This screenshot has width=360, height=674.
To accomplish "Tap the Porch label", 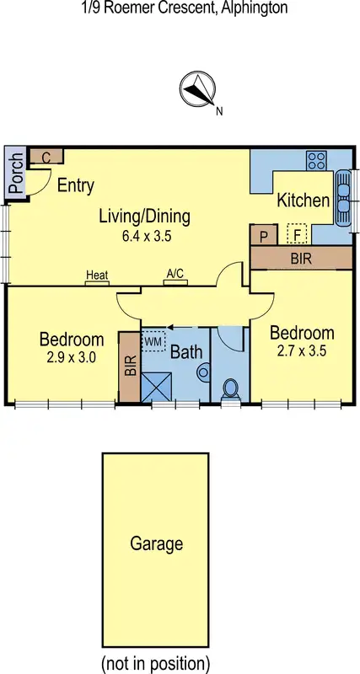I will click(x=14, y=173).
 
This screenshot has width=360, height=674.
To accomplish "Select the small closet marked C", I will click(x=46, y=157).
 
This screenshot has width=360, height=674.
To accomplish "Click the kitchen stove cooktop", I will click(x=317, y=159).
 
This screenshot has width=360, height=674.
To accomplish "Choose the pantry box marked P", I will click(x=263, y=235).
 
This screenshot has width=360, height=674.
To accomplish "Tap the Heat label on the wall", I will click(x=96, y=275).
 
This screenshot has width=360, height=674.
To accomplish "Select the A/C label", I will click(x=175, y=274).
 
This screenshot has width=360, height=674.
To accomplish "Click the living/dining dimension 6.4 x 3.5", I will click(x=147, y=237).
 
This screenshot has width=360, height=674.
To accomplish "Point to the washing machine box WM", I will click(x=153, y=342).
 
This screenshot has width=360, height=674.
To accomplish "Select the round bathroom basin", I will click(x=202, y=372).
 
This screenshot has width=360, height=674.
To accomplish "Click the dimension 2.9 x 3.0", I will click(x=72, y=358).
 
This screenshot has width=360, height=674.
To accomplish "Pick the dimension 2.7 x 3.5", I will click(x=302, y=350).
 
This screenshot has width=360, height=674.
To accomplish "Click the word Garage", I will click(x=156, y=543).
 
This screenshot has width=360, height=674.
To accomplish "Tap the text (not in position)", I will click(x=155, y=661).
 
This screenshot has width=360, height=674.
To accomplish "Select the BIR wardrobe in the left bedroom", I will click(x=130, y=366).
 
